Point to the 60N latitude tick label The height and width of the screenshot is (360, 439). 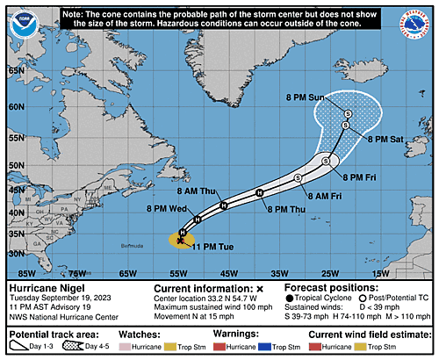(16, 107)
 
